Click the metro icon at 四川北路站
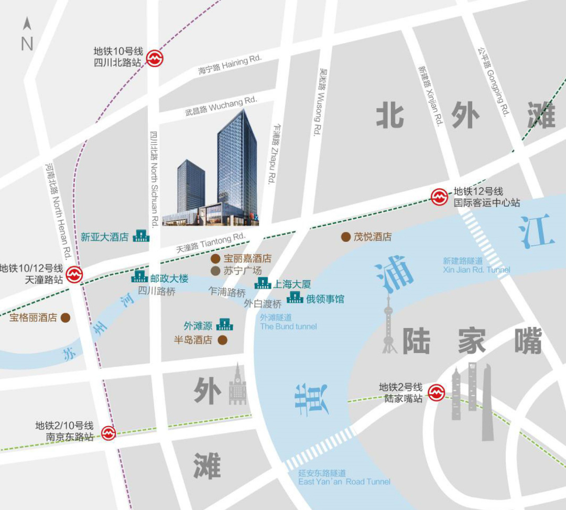[x=154, y=58]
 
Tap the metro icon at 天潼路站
[x=74, y=274]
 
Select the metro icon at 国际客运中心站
[x=439, y=197]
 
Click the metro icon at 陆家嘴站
[x=436, y=392]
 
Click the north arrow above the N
[x=27, y=24]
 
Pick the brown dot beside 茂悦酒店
[x=346, y=237]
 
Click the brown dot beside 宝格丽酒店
[x=66, y=317]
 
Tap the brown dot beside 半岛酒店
[x=223, y=340]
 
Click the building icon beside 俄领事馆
[x=295, y=297]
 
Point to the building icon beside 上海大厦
[x=263, y=283]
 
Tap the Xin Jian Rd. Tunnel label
[x=476, y=265]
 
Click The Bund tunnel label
[x=288, y=322]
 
